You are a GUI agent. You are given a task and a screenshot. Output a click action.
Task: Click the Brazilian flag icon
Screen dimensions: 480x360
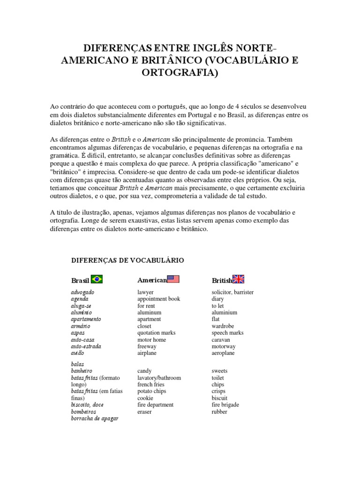pos(97,279)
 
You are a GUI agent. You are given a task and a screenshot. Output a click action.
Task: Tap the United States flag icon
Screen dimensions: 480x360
pos(173,279)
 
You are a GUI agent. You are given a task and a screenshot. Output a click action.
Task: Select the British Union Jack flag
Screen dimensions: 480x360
pos(239,279)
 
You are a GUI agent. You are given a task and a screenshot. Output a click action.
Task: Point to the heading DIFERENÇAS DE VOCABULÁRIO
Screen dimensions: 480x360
pos(127,260)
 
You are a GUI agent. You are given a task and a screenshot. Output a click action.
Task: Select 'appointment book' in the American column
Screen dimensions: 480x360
pos(158,299)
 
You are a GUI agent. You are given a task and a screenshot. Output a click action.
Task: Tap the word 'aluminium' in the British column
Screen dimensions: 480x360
pos(225,313)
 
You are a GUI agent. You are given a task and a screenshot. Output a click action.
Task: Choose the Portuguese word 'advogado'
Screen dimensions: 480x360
pos(82,292)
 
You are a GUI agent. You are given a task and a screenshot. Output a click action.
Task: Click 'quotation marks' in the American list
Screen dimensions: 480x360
pos(156,333)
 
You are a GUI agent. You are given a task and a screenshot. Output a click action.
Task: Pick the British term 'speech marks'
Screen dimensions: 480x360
pos(227,333)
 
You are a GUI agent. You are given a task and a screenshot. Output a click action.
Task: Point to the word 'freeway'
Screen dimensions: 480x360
pos(147,346)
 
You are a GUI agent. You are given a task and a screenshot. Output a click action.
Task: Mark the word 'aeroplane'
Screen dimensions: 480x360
pos(224,353)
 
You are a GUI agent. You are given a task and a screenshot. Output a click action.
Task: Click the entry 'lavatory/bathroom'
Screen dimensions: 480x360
pos(159,378)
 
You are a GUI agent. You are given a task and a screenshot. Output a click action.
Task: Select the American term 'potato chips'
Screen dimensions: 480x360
pos(151,391)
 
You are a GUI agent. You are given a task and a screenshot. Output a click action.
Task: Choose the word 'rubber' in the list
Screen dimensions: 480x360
pos(219,412)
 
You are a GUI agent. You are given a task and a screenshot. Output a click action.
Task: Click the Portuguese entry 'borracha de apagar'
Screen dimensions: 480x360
pos(94,419)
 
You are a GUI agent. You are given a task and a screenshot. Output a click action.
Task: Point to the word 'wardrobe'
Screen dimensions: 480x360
pos(223,326)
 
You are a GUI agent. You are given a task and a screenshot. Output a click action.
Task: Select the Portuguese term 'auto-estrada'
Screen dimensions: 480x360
pos(86,346)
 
